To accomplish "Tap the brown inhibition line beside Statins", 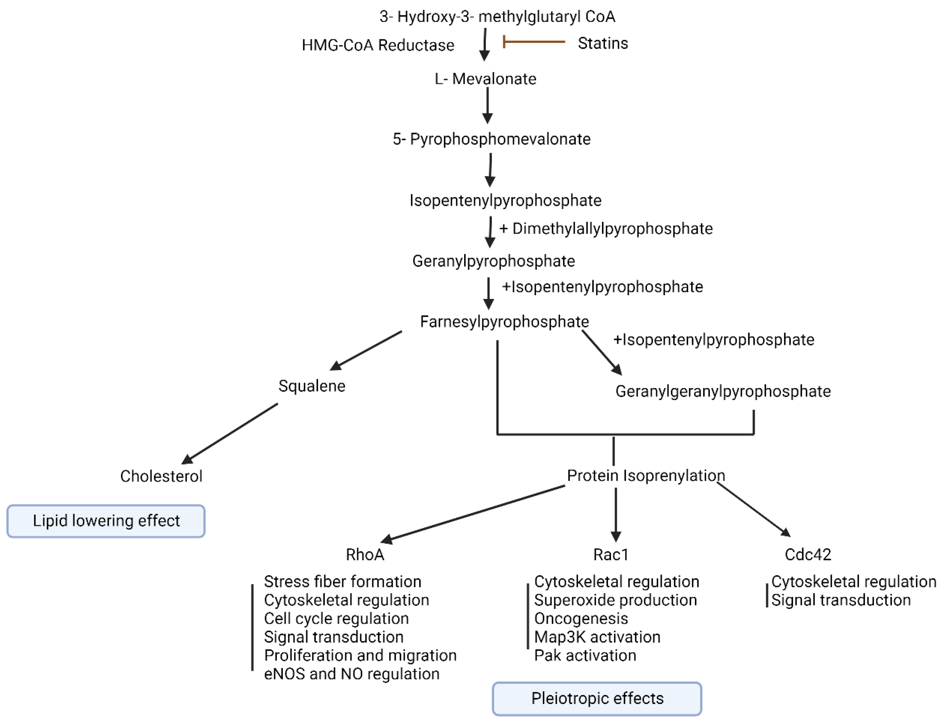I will coord(534,42).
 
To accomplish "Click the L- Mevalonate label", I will coord(485,79).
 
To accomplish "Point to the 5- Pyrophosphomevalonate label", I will coord(491,139).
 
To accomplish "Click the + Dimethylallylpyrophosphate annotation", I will coord(605,229).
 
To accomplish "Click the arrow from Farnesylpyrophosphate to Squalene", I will coord(366,350).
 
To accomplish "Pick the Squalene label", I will coord(312,386).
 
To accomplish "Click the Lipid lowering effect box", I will coord(106,521).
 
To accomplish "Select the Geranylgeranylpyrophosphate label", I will coord(723,391).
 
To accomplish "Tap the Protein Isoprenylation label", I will coord(646,476).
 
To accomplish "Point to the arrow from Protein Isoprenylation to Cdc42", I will coord(753,510).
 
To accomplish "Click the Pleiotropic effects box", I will coord(597,698).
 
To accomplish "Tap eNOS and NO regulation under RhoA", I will coord(351,674).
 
